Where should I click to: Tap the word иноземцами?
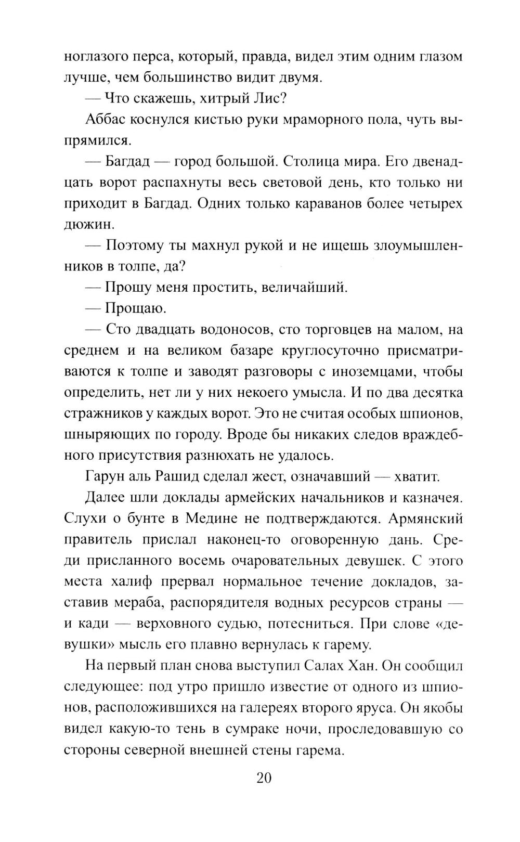click(x=356, y=371)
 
